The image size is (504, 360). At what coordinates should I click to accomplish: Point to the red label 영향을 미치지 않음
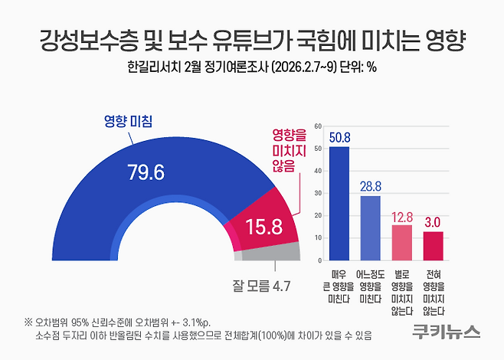[283, 149]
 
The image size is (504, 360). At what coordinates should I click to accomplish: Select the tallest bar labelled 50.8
[339, 202]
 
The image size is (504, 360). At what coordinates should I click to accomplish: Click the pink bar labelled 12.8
[402, 241]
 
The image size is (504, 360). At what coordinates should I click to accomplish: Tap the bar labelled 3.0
[434, 245]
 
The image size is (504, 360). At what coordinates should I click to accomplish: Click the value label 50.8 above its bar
[339, 137]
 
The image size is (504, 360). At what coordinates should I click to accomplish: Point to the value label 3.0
[434, 221]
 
